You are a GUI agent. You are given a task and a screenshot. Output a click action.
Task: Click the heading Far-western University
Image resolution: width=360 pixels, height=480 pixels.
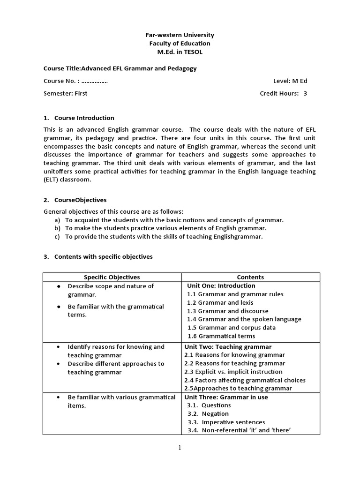(x=180, y=35)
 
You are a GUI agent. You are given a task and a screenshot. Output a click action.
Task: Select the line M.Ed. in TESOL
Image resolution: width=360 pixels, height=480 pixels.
(x=180, y=52)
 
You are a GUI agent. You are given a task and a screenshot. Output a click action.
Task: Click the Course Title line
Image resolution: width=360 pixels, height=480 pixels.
(x=120, y=68)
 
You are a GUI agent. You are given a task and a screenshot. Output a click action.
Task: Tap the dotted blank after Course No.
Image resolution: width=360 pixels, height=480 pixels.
(x=91, y=81)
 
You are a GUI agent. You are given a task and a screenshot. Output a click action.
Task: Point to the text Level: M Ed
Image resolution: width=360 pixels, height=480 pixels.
(x=290, y=81)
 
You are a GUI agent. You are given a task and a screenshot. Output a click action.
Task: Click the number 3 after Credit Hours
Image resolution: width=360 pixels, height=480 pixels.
(x=305, y=93)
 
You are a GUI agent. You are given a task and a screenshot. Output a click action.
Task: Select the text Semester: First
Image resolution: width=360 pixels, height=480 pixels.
(x=65, y=93)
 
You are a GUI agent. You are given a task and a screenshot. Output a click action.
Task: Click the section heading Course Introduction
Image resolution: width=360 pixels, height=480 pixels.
(x=84, y=118)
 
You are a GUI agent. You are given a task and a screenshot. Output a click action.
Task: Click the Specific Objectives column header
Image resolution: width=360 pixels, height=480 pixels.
(x=112, y=277)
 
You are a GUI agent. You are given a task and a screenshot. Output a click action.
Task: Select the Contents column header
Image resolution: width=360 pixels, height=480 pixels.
(x=250, y=277)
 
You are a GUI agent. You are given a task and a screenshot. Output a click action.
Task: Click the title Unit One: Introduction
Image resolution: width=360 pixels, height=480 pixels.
(x=221, y=285)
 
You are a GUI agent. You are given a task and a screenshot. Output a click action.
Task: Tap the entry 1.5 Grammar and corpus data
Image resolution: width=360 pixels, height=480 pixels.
(x=232, y=328)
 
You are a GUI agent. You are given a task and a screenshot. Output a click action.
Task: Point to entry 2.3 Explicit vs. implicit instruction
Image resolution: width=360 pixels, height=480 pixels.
(x=234, y=372)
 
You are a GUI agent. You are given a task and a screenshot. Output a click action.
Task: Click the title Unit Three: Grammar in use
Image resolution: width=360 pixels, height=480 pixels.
(x=226, y=397)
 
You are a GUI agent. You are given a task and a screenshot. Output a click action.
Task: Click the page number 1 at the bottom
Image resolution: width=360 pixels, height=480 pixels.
(x=180, y=448)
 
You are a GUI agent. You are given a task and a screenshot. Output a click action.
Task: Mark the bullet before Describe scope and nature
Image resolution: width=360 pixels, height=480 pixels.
(x=58, y=286)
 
